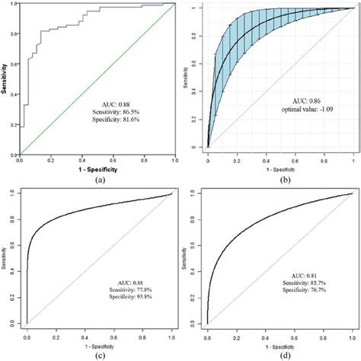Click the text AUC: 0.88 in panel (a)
(120, 101)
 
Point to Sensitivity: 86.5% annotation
(120, 111)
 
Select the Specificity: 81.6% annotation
(120, 120)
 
